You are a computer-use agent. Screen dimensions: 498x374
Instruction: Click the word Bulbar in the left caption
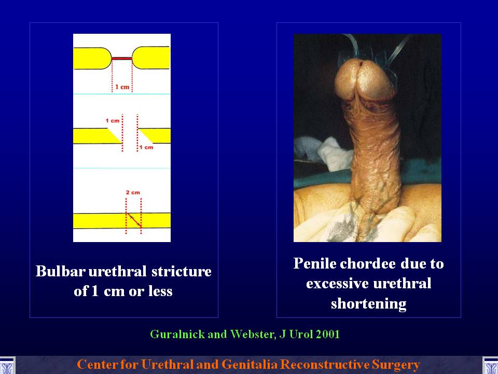tap(60, 271)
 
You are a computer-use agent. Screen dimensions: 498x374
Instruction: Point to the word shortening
tap(369, 303)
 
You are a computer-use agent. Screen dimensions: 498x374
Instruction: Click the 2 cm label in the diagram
tap(133, 192)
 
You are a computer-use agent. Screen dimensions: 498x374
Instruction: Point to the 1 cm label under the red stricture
tap(122, 87)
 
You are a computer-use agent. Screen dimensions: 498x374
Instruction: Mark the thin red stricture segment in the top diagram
tap(121, 59)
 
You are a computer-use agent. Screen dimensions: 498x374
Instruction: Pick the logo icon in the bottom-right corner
tap(490, 365)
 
